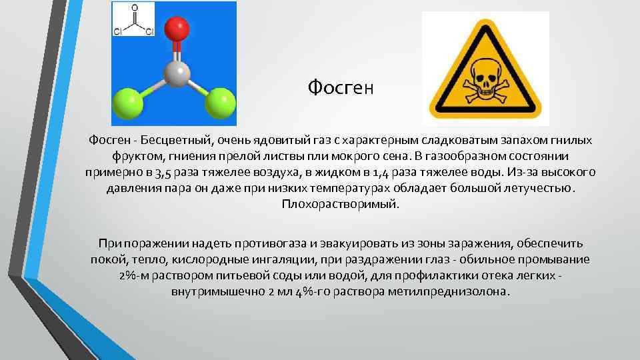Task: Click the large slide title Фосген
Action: pos(342,87)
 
